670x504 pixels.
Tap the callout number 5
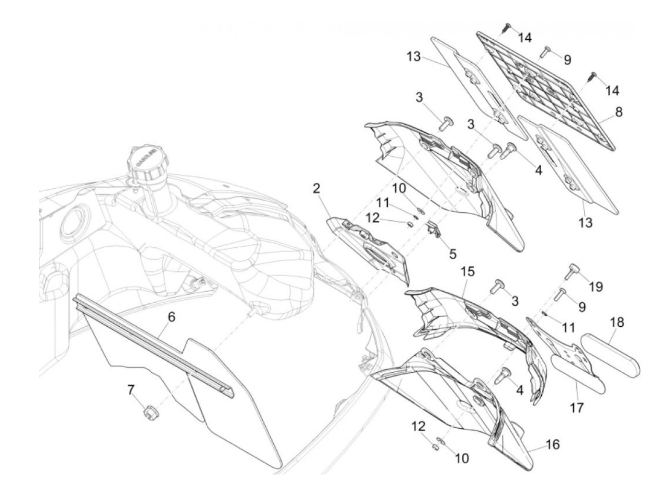(x=452, y=253)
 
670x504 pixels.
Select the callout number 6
(x=171, y=317)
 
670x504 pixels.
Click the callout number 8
(x=619, y=112)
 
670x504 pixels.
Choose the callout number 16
(x=552, y=445)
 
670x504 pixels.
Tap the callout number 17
(x=578, y=408)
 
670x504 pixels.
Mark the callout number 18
(x=617, y=322)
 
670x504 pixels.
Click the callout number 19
(x=596, y=286)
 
